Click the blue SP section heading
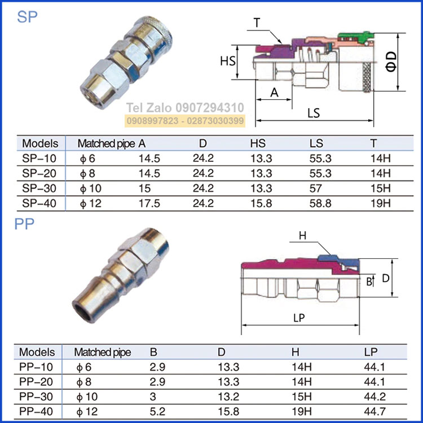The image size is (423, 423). [x=27, y=17]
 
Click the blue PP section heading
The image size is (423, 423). [x=24, y=224]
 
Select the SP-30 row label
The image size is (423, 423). [x=39, y=188]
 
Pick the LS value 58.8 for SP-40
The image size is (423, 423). [x=320, y=204]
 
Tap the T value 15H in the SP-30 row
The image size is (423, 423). [x=380, y=188]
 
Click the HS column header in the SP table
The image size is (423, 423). [x=258, y=143]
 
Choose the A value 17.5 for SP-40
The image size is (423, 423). [x=149, y=204]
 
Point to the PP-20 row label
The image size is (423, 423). [x=36, y=382]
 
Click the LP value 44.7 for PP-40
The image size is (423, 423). [x=374, y=411]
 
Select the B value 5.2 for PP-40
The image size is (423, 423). [x=157, y=411]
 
